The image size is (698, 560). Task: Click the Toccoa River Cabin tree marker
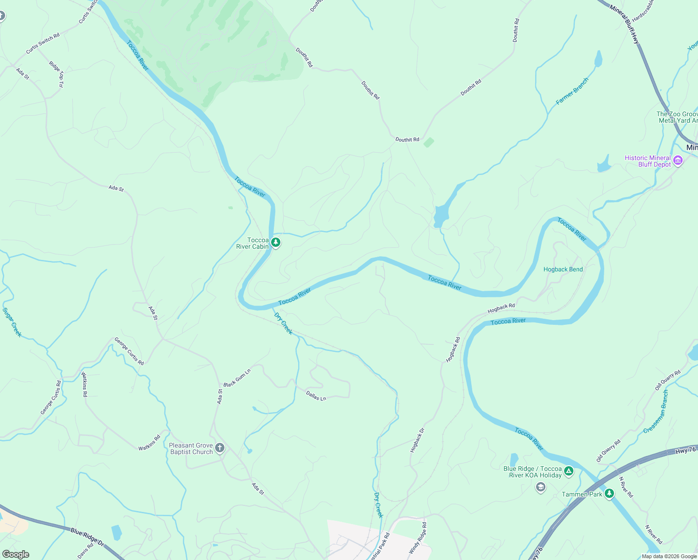[276, 243]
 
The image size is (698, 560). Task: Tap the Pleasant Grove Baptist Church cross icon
[220, 448]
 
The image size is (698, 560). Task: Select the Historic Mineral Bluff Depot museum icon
[678, 161]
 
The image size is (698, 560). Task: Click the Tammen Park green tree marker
[609, 494]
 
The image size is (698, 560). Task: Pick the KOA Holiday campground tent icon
[568, 471]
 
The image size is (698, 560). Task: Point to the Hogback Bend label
[563, 269]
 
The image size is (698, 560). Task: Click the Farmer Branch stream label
[572, 91]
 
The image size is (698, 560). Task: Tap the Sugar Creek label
[12, 322]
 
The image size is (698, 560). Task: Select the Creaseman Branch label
[656, 412]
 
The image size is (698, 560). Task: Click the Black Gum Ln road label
[237, 378]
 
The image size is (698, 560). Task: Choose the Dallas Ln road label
[316, 396]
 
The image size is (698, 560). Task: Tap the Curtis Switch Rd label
[43, 43]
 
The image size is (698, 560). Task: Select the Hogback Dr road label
[417, 440]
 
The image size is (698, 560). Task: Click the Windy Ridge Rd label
[418, 538]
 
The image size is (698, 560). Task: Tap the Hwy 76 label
[685, 450]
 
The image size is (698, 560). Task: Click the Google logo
[15, 554]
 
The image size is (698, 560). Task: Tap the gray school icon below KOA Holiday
[540, 488]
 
